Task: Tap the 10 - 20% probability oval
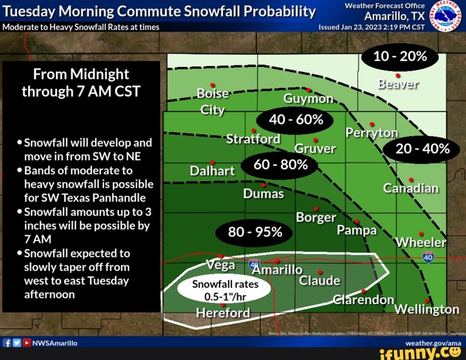click(400, 57)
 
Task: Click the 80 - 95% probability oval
click(255, 232)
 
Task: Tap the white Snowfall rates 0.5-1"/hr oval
click(217, 291)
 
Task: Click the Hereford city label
click(222, 313)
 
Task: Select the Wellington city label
click(426, 309)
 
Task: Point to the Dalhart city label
click(212, 171)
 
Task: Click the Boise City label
click(213, 101)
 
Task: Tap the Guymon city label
click(308, 99)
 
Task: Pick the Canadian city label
click(411, 188)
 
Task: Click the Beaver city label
click(399, 84)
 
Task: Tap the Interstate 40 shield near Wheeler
click(428, 257)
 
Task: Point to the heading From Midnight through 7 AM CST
click(81, 82)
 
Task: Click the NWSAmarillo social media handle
click(55, 343)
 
